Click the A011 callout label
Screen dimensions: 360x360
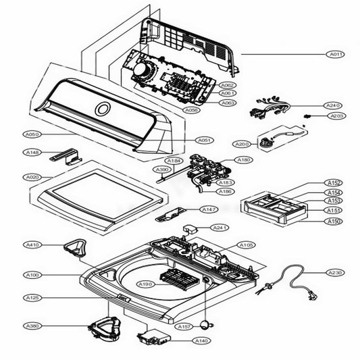click(335, 53)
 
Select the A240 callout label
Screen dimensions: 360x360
click(334, 105)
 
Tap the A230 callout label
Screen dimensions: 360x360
click(335, 273)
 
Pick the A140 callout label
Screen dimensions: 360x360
click(201, 341)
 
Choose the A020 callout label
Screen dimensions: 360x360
click(31, 176)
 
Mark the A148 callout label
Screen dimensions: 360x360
click(31, 153)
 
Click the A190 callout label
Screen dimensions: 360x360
click(145, 284)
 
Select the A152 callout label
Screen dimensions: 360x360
click(334, 183)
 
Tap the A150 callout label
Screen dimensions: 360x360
click(334, 221)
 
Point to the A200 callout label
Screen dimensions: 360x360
click(241, 144)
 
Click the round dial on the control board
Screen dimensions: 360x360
click(144, 70)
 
